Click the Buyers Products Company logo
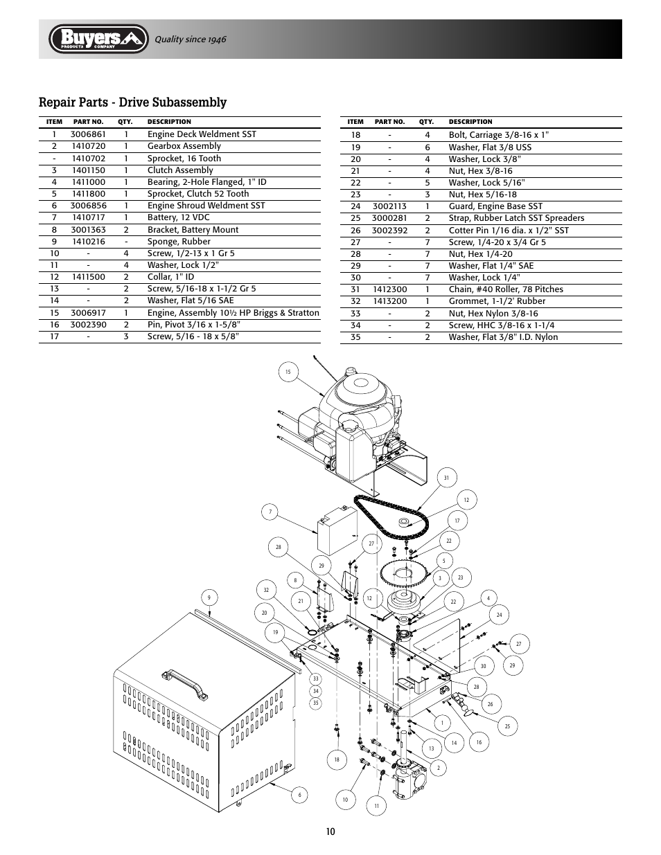[99, 39]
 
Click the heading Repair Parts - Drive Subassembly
[133, 102]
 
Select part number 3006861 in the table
[88, 134]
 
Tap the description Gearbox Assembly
[184, 146]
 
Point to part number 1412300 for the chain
[389, 289]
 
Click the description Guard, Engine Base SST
[495, 206]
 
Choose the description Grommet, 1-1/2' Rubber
[496, 301]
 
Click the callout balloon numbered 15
[288, 372]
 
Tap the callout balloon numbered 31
[447, 478]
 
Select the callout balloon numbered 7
[270, 512]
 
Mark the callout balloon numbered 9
[209, 597]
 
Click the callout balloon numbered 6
[300, 795]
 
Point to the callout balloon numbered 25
[507, 726]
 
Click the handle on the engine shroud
[184, 684]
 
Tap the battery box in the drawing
[336, 530]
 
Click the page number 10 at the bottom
[330, 831]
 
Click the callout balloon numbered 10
[345, 800]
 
